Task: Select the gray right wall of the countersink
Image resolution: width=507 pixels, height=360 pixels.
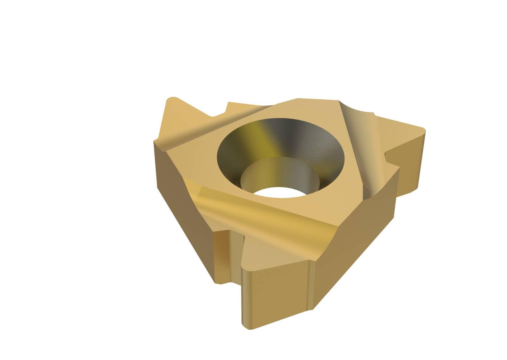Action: tap(320, 149)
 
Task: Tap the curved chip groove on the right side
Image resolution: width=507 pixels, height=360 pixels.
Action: tap(361, 140)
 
